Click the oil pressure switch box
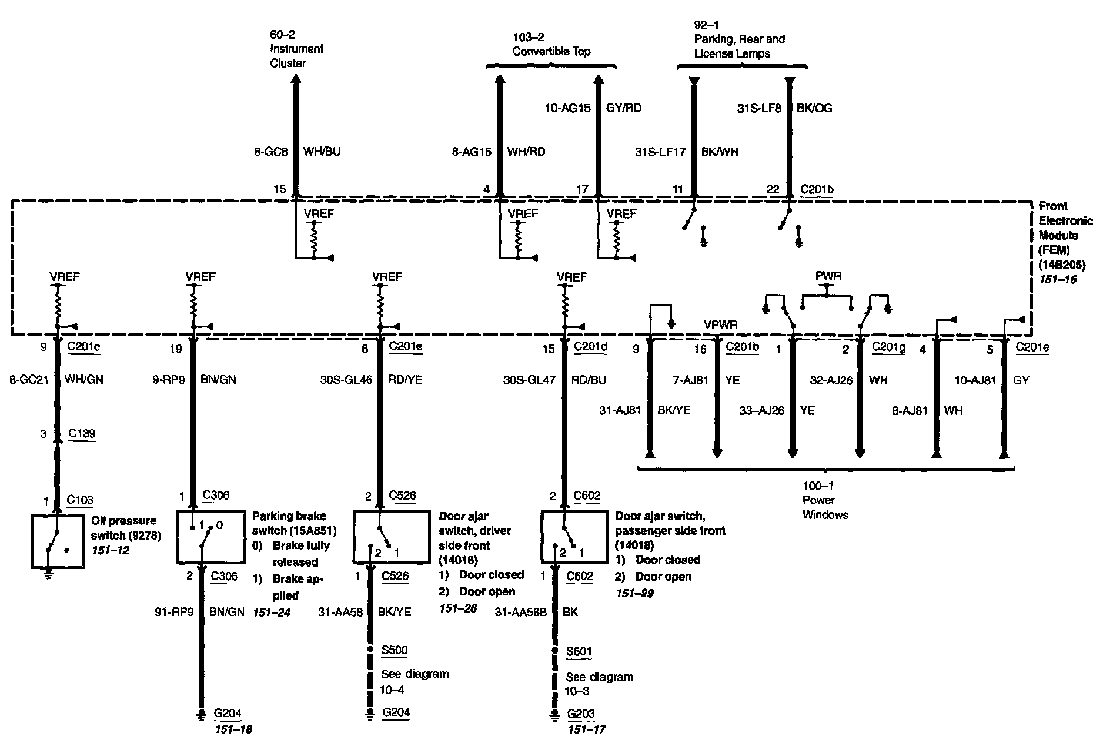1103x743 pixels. point(58,541)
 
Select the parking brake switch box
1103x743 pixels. point(210,536)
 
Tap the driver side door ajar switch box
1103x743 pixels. point(391,537)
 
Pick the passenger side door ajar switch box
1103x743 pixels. point(574,537)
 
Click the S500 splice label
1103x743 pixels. point(395,650)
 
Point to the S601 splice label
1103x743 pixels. point(579,651)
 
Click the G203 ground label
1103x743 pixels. point(581,714)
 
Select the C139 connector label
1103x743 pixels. point(82,434)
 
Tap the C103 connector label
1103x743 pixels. point(81,500)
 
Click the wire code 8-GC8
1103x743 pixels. point(271,152)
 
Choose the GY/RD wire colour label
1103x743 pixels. point(624,108)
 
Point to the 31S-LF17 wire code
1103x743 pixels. point(660,152)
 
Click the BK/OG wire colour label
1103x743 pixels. point(814,108)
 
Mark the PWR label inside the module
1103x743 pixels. point(828,276)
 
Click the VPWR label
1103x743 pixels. point(721,325)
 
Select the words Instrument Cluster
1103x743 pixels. point(296,56)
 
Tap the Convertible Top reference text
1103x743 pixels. point(551,52)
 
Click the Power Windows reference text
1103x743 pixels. point(825,507)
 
